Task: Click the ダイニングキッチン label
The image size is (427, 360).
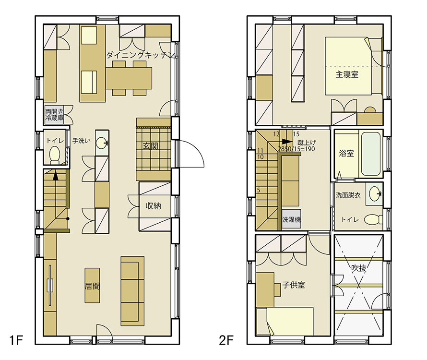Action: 141,55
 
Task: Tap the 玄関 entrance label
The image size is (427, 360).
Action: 151,146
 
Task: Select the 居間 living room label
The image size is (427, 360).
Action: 92,286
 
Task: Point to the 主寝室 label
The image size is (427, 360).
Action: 347,74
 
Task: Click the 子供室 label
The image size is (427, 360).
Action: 294,285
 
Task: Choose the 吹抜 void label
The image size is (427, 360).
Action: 359,268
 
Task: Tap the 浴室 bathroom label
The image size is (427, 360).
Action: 346,154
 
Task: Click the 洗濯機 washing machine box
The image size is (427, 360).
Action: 291,220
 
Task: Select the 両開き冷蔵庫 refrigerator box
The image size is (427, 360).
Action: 54,115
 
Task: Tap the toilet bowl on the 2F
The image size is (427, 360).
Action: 373,219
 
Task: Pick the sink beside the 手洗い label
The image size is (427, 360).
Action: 102,143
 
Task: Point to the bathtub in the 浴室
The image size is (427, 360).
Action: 371,154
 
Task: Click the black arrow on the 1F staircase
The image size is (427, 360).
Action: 56,175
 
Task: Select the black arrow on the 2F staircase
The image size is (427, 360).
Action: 286,141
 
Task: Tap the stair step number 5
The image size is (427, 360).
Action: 258,190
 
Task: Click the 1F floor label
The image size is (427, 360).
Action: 16,340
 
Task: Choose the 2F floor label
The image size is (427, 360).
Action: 226,340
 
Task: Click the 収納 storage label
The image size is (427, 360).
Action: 154,206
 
